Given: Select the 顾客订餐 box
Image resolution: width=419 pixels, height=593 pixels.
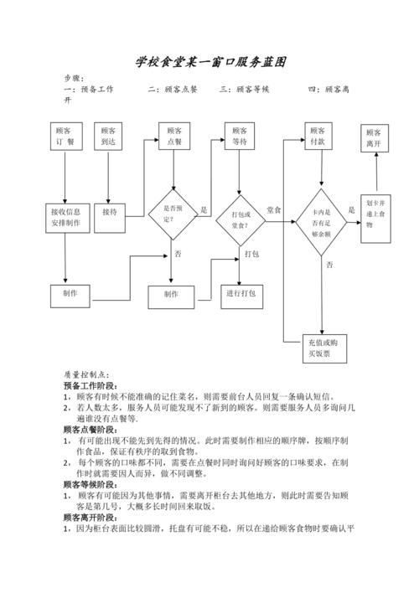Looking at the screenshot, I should [x=65, y=137].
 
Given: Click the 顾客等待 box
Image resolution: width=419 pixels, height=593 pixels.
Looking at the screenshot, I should [x=241, y=137].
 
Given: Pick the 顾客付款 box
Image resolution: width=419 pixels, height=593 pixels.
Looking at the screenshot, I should [x=317, y=137].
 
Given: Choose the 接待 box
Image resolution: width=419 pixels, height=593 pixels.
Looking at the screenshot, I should [x=111, y=213].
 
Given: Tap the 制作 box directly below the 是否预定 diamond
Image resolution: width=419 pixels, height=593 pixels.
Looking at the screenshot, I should [x=172, y=295].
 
